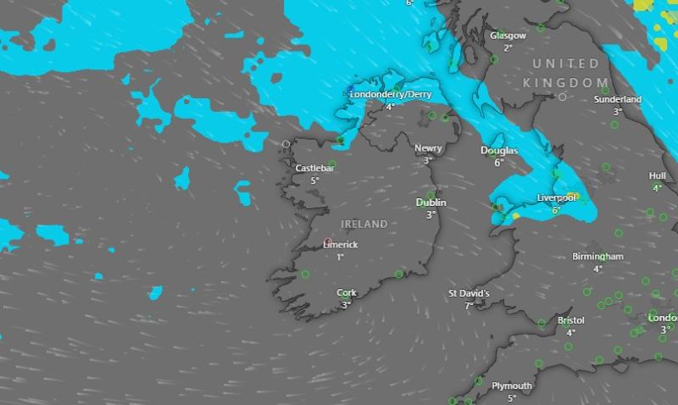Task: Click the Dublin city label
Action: click(x=431, y=202)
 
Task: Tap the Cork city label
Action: click(x=346, y=292)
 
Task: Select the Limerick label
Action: click(x=341, y=245)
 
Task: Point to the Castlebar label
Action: click(x=314, y=169)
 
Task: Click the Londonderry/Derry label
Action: click(x=391, y=95)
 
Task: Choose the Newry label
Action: click(x=428, y=148)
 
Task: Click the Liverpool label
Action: click(x=556, y=198)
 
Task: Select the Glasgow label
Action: click(x=508, y=36)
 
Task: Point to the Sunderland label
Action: click(x=618, y=99)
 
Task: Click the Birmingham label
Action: click(x=597, y=257)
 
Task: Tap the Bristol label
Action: click(x=570, y=321)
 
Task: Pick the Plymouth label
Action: click(x=512, y=386)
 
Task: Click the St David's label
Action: click(x=469, y=293)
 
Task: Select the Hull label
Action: click(x=657, y=176)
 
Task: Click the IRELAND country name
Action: click(x=364, y=225)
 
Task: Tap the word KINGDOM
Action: click(x=560, y=82)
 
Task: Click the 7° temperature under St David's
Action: click(x=469, y=305)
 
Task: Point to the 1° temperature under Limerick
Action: click(x=340, y=257)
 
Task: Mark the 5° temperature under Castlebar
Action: click(x=314, y=180)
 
